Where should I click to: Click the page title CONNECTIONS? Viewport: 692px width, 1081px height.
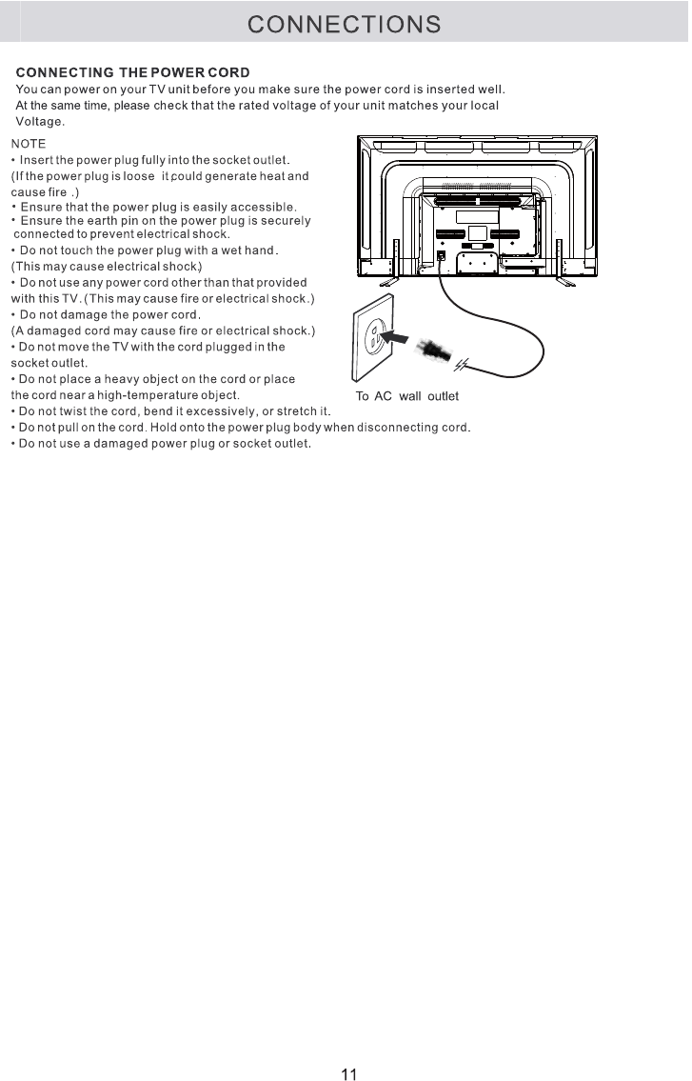(345, 24)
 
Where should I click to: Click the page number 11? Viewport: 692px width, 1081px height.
(348, 1074)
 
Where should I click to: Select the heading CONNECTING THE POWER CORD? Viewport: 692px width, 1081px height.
(133, 73)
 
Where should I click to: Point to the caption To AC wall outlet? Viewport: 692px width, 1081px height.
(406, 396)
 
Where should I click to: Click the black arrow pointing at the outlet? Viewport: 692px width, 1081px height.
(400, 337)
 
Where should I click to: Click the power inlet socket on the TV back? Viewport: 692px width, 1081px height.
(441, 256)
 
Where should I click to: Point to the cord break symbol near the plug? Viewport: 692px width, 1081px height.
(462, 365)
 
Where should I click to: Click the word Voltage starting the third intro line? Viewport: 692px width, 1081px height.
(40, 122)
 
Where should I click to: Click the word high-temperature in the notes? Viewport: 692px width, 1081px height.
(141, 394)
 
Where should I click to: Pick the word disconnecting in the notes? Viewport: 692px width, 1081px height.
(397, 427)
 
